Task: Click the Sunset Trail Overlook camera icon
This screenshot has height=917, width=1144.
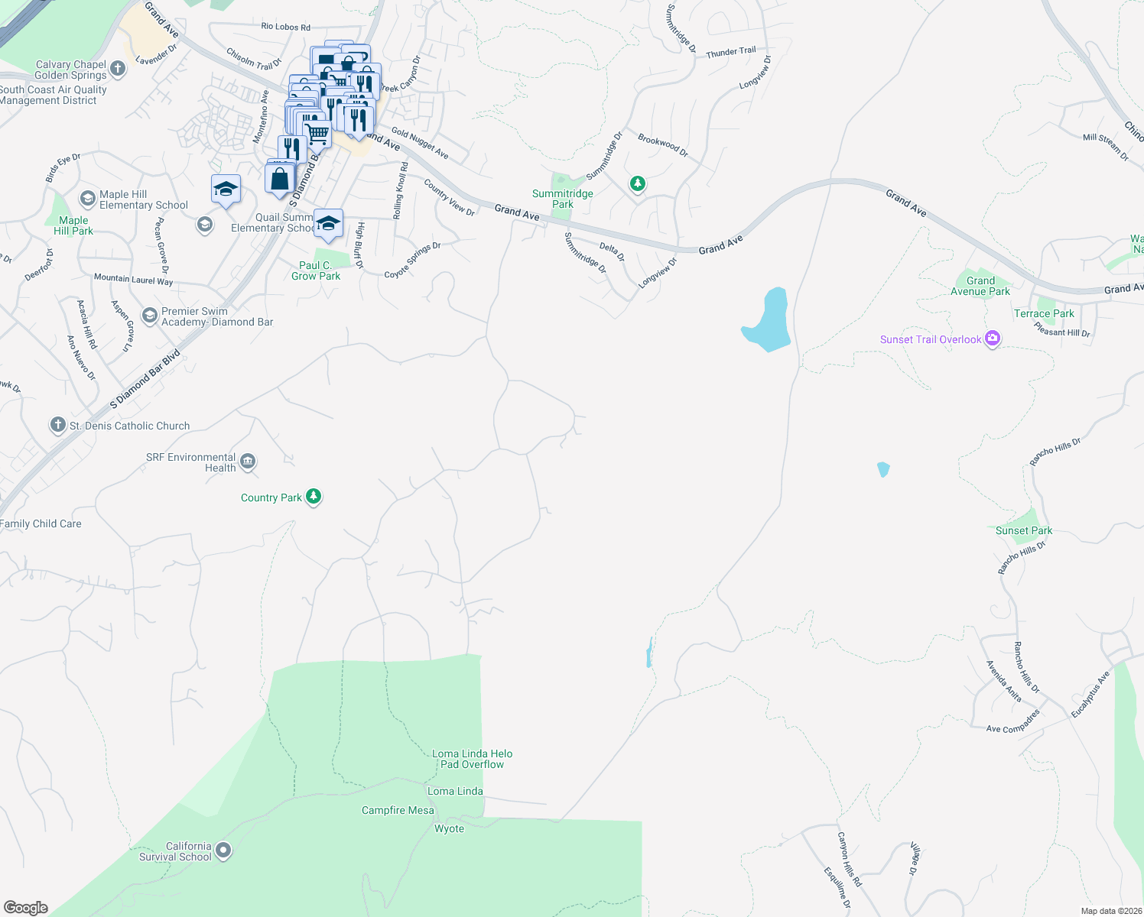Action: [x=993, y=339]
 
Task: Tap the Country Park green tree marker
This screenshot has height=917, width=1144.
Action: [x=313, y=497]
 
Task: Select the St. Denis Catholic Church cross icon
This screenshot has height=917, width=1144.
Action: [x=57, y=425]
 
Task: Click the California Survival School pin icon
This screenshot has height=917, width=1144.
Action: [x=223, y=850]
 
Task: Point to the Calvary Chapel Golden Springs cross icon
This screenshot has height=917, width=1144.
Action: [x=118, y=69]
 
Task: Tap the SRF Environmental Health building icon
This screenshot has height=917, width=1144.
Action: [x=247, y=461]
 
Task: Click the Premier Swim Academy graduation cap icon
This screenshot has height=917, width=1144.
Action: [x=150, y=315]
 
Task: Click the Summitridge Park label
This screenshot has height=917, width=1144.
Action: [x=563, y=199]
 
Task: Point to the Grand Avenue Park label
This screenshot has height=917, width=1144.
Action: [x=980, y=286]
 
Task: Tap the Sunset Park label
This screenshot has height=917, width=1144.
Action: [x=1024, y=530]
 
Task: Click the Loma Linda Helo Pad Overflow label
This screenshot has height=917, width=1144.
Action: [x=472, y=759]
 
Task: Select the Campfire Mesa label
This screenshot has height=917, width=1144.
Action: [x=398, y=810]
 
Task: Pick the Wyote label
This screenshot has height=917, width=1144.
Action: [x=449, y=828]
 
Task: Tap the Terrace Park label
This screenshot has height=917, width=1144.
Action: [x=1044, y=313]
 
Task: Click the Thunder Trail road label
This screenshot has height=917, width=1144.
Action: [x=730, y=53]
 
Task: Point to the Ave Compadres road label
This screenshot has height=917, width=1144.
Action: [x=1013, y=722]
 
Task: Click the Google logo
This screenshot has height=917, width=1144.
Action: [x=26, y=907]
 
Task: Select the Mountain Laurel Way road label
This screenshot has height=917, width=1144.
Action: [x=133, y=280]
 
